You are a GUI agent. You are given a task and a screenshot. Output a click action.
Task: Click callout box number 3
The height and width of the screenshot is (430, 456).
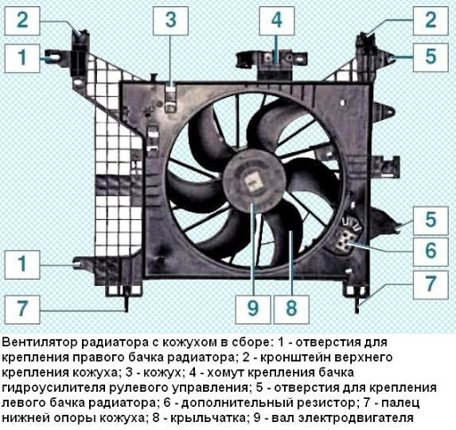click(x=171, y=20)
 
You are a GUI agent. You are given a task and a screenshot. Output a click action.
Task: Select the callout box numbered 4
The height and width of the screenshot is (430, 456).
click(x=277, y=20)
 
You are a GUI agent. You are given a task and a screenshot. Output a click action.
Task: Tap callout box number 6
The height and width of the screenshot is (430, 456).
click(x=430, y=250)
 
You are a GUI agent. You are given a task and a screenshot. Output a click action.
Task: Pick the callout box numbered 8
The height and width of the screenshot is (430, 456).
click(x=291, y=309)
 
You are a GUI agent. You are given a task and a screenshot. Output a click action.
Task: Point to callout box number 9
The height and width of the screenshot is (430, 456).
click(x=253, y=309)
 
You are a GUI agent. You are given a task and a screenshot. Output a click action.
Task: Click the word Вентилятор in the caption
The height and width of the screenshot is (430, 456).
click(x=40, y=343)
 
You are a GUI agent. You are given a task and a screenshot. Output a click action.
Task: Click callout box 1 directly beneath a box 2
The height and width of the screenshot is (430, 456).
click(x=22, y=59)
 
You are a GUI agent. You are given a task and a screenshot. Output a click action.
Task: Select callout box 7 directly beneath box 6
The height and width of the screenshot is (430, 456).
click(x=430, y=285)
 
